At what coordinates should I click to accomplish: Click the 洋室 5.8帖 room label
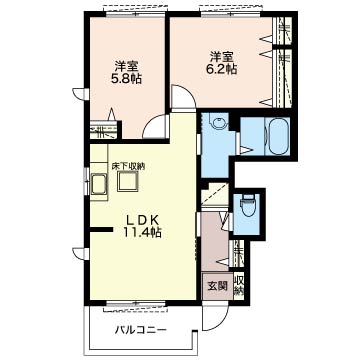(x=128, y=72)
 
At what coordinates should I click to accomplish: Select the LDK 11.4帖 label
(x=143, y=226)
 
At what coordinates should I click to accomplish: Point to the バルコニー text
(x=141, y=330)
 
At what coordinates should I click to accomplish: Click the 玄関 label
(x=218, y=286)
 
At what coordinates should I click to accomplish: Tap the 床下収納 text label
(x=128, y=167)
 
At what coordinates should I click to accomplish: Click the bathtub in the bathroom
(x=277, y=136)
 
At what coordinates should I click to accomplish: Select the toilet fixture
(x=247, y=207)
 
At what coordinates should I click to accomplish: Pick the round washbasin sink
(x=218, y=123)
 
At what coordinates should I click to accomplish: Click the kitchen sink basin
(x=99, y=184)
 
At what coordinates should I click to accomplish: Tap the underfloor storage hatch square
(x=128, y=182)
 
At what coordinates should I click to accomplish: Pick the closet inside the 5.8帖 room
(x=104, y=131)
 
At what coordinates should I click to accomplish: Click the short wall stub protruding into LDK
(x=101, y=229)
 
